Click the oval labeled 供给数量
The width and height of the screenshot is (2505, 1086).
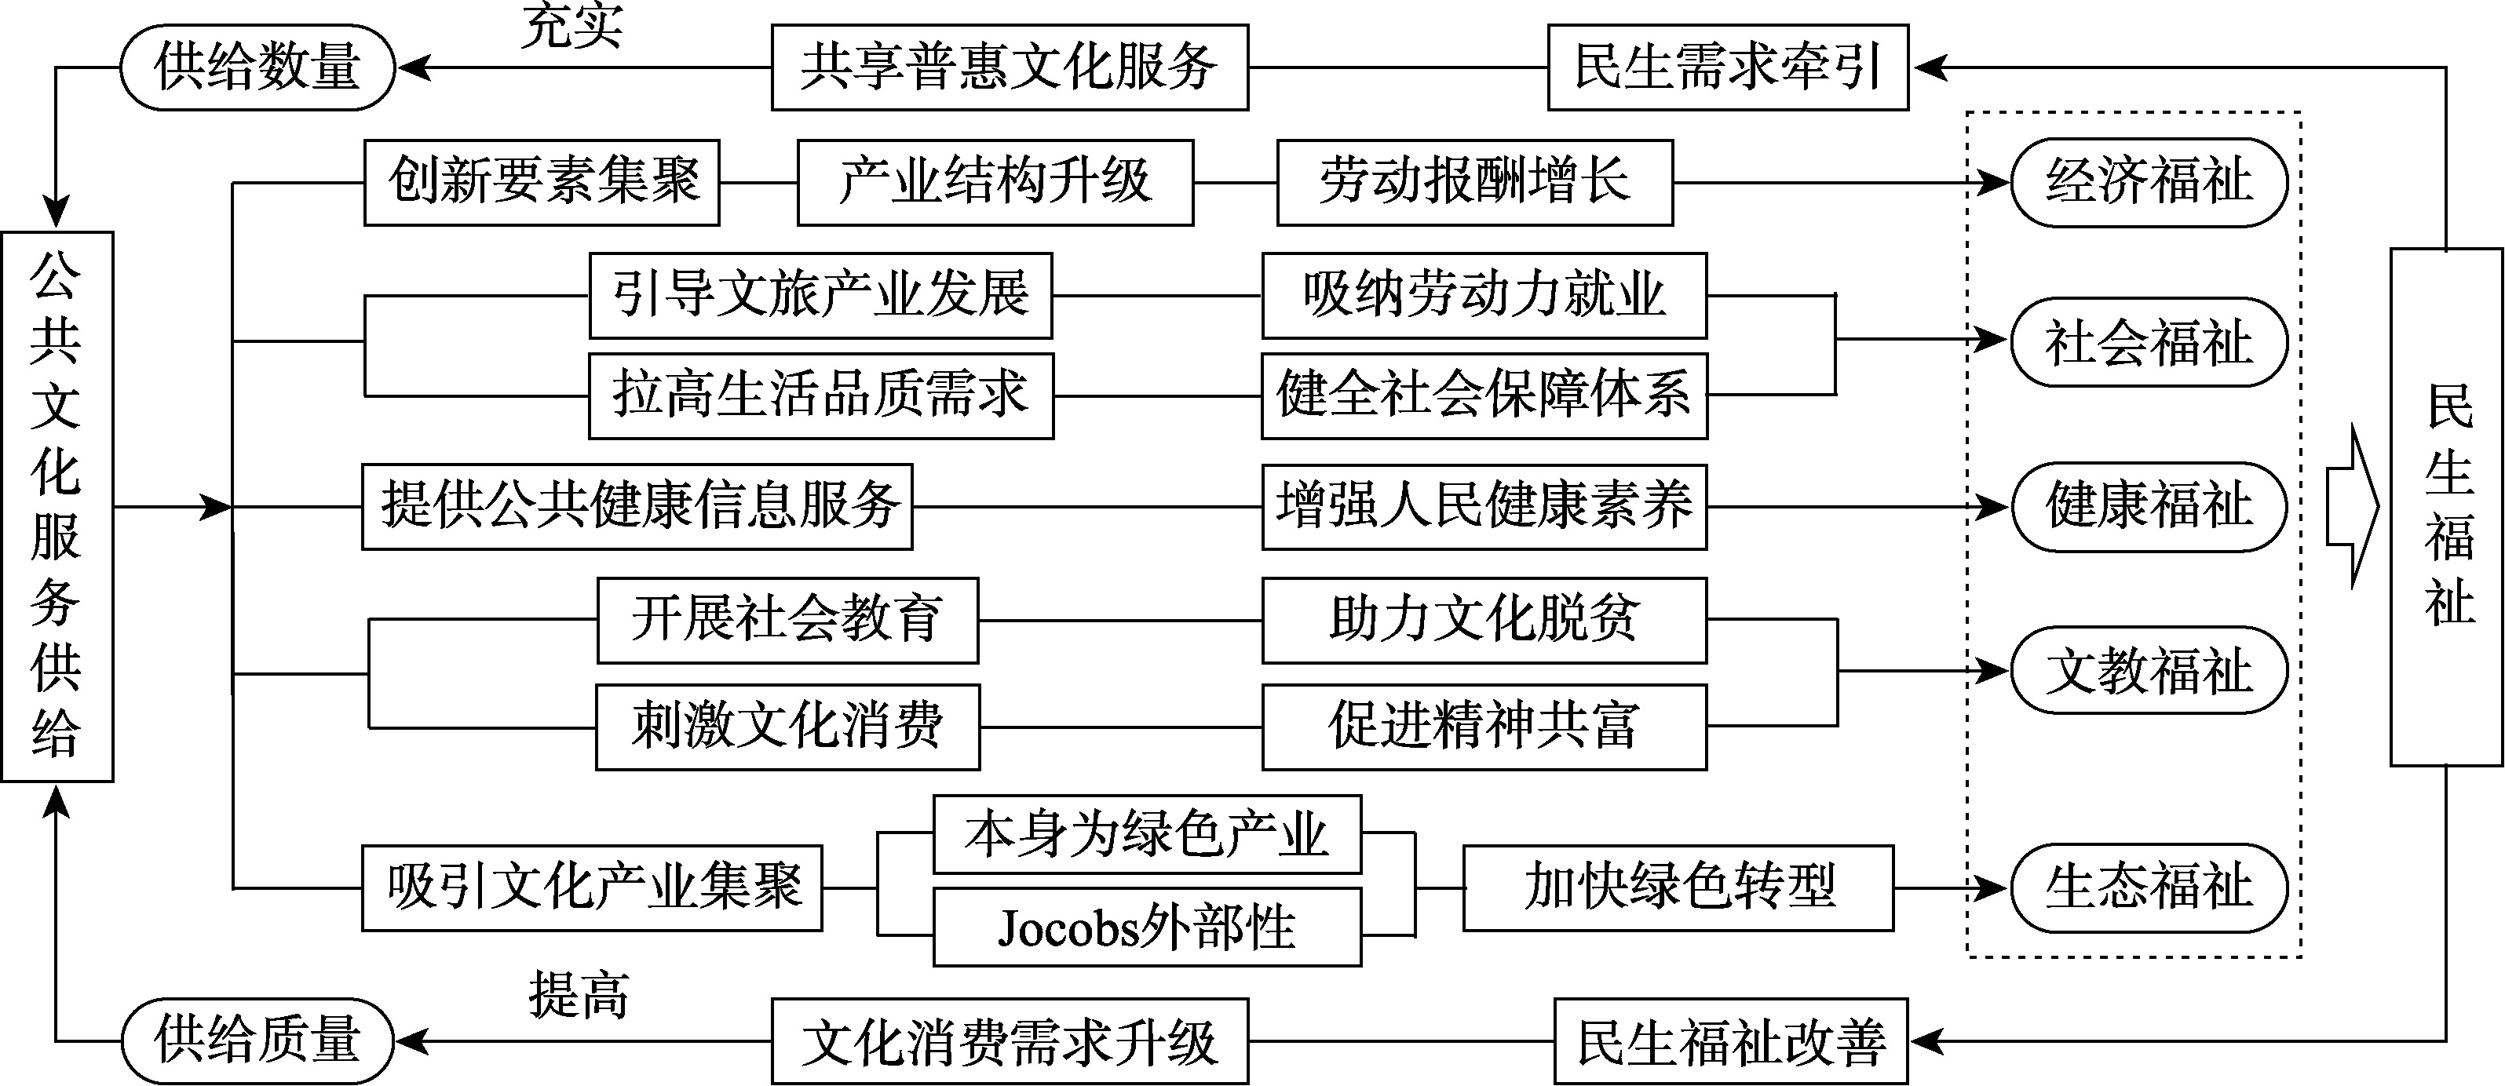(x=257, y=68)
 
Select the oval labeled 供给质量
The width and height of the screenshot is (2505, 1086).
(x=257, y=1040)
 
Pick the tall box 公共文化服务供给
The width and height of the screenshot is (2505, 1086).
(x=57, y=505)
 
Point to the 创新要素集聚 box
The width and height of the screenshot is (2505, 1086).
(x=542, y=183)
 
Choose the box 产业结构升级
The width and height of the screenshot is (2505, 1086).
(x=995, y=183)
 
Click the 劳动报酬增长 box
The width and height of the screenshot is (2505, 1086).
(x=1474, y=183)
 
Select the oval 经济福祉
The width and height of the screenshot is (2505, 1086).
(x=2148, y=183)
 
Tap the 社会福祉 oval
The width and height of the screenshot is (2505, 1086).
(x=2148, y=342)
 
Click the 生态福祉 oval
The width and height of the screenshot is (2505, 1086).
(x=2148, y=887)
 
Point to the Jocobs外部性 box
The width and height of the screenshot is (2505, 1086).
(x=1146, y=927)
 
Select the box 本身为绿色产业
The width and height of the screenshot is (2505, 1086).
(x=1146, y=834)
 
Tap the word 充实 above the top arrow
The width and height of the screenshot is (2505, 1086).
(x=571, y=25)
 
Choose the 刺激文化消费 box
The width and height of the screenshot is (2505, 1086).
(x=787, y=727)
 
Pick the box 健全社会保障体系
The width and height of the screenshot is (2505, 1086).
(x=1484, y=395)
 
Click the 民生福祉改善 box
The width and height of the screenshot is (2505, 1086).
(x=1731, y=1040)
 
